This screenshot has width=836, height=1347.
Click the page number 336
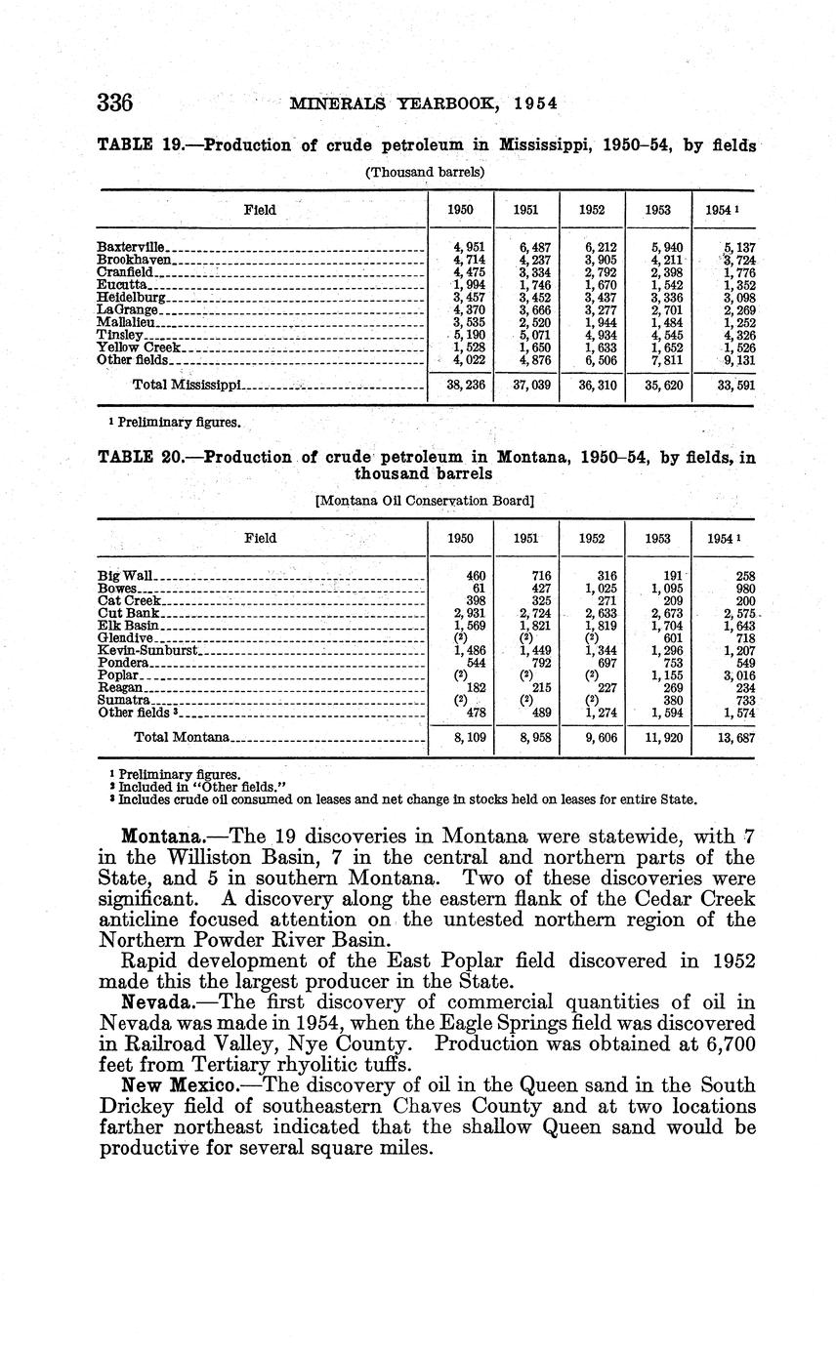tap(114, 102)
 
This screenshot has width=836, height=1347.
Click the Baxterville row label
tap(132, 248)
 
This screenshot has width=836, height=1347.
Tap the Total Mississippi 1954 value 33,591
tap(737, 386)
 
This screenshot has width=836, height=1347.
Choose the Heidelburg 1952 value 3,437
tap(599, 298)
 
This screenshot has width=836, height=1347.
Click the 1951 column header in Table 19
tap(526, 210)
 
